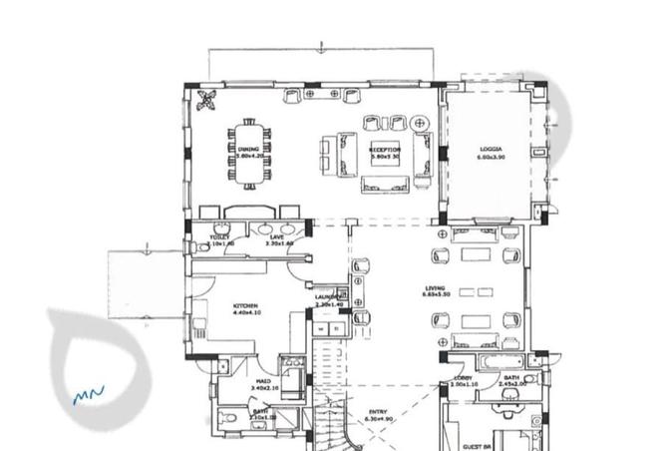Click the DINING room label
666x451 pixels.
[x=248, y=149]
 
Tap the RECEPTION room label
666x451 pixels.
[x=385, y=149]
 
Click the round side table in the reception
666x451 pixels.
[x=419, y=123]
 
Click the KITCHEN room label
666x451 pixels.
[x=246, y=305]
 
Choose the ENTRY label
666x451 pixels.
[x=378, y=411]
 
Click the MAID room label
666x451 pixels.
[x=263, y=380]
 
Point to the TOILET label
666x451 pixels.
[x=219, y=236]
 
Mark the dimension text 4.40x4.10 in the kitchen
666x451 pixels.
[x=246, y=313]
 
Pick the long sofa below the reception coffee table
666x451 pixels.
[x=385, y=182]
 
